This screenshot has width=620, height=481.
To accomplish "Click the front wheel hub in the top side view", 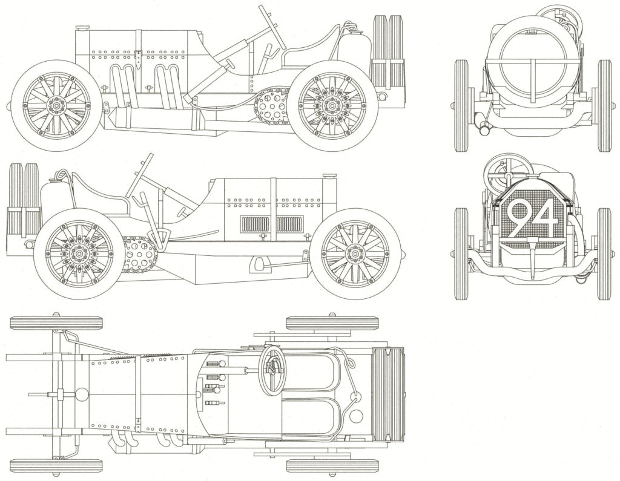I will tap(56, 106).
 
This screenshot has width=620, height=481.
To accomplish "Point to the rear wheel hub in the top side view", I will tap(332, 106).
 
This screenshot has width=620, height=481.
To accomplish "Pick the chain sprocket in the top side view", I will tap(271, 106).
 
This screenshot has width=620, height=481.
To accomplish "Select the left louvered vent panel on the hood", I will tap(254, 224).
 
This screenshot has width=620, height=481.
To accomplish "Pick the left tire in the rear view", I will tap(461, 105).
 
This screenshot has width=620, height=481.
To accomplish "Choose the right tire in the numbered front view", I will tap(604, 254).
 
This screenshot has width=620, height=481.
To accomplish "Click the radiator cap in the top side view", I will tap(82, 27).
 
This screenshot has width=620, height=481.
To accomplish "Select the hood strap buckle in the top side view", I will tap(138, 58).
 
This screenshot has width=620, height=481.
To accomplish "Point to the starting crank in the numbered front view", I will tap(533, 257).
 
